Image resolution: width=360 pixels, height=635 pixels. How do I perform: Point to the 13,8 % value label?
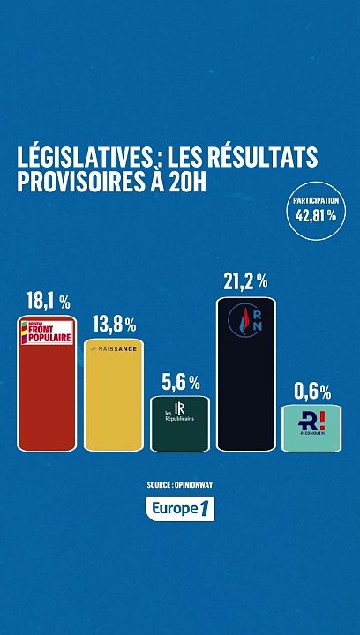(x=114, y=325)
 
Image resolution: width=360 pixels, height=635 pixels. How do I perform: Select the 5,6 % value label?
(x=180, y=383)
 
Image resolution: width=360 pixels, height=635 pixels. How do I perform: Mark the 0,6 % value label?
(x=312, y=392)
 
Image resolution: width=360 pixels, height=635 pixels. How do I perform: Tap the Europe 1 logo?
(x=180, y=508)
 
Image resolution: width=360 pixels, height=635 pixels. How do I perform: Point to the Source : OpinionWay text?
(x=180, y=485)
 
